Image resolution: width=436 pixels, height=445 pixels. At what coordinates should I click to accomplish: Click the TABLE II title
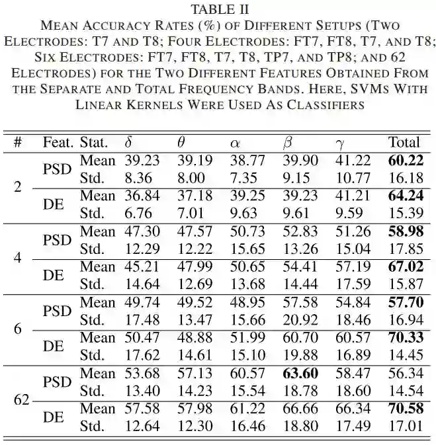218,9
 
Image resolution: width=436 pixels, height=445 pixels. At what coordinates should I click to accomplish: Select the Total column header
404,142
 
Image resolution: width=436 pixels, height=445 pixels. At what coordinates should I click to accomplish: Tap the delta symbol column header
128,142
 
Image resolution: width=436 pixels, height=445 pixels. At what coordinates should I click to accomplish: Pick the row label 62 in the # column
22,400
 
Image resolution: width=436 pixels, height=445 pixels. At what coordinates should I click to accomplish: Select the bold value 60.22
405,161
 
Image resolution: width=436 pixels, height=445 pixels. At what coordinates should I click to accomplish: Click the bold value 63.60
300,374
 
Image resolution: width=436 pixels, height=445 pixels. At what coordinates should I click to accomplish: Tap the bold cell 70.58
405,409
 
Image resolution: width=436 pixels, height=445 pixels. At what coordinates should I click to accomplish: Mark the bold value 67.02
405,267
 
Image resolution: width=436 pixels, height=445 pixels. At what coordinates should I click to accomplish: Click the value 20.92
300,320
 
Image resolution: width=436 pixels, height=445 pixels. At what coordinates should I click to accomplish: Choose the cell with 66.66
300,409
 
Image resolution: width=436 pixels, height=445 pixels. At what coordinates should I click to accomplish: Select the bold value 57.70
405,303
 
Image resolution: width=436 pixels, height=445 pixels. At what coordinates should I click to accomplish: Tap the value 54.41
300,267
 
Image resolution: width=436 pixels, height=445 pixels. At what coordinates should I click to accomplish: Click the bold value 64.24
405,196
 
